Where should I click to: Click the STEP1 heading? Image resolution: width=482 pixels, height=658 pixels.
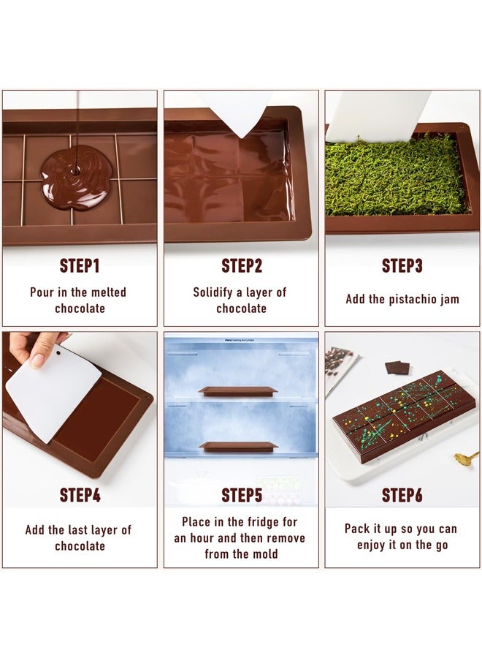coord(80,265)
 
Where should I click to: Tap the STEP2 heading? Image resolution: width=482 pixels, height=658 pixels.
coord(241,265)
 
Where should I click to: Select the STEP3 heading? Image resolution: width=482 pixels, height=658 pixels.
coord(402,265)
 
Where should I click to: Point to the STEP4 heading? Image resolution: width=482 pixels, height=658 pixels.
coord(80,495)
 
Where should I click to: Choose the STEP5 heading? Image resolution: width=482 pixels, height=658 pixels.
coord(241,495)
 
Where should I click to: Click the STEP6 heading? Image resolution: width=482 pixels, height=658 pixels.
coord(402,495)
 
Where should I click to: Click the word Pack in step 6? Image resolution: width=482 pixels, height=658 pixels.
coord(359,528)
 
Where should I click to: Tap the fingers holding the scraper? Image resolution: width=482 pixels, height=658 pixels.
coord(37,344)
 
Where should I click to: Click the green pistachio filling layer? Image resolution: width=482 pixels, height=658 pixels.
coord(396,179)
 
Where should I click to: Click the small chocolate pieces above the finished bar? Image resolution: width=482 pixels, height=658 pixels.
coord(397,367)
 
